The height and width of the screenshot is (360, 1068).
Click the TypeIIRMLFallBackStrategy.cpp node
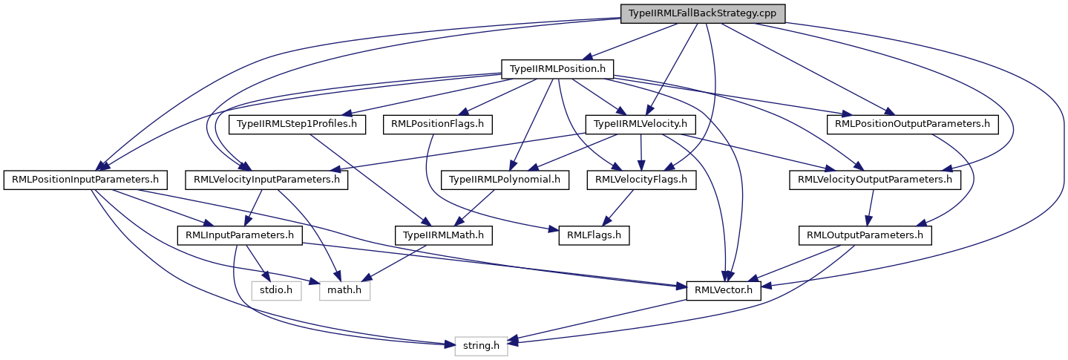tap(702, 13)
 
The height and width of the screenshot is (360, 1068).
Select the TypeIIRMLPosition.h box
tap(557, 69)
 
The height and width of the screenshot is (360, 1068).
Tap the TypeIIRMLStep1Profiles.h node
tap(298, 124)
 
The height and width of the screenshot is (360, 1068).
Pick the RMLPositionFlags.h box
tap(438, 124)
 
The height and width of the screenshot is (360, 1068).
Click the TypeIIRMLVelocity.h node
tap(641, 124)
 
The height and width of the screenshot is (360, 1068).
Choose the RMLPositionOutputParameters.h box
tap(912, 124)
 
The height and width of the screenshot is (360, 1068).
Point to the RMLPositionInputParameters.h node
tap(85, 180)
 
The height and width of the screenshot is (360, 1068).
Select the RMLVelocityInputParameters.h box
tap(266, 180)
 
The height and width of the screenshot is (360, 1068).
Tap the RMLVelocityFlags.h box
tap(641, 180)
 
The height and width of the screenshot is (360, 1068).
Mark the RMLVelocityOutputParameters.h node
tap(874, 180)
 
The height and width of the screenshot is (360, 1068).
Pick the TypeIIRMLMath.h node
tap(442, 235)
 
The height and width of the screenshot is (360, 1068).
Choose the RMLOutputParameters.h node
tap(864, 235)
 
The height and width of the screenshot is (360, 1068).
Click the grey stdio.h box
tap(276, 290)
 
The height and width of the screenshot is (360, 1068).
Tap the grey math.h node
tap(344, 290)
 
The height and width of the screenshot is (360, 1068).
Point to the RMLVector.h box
tap(724, 290)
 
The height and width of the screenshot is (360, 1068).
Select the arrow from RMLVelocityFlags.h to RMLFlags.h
tap(618, 207)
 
